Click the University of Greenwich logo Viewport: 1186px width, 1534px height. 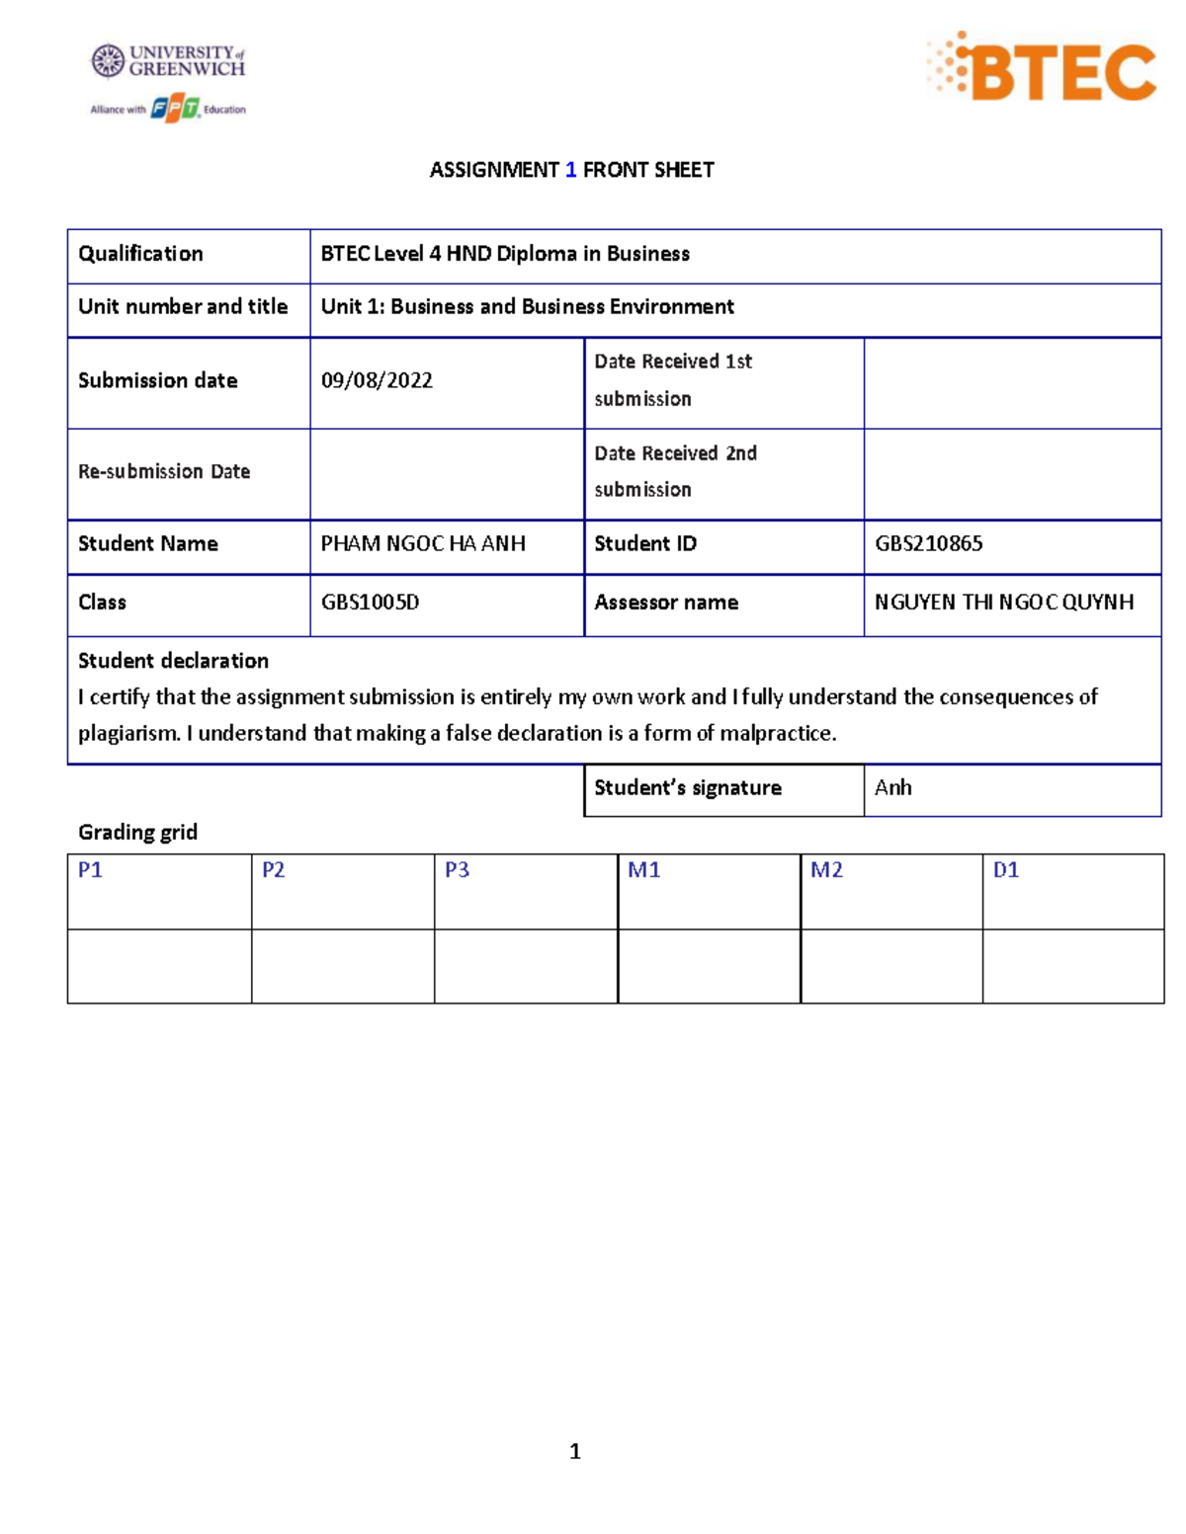[x=168, y=61]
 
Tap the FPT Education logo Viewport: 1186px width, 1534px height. [x=176, y=109]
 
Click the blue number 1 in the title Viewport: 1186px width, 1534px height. [x=570, y=170]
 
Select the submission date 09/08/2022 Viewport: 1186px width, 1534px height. [x=377, y=380]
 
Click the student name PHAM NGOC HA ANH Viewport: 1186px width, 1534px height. [x=423, y=543]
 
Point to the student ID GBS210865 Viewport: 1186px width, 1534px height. [x=928, y=543]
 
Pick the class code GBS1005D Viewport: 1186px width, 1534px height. [x=370, y=602]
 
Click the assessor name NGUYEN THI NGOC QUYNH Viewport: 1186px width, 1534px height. [x=1004, y=602]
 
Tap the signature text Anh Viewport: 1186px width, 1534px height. [x=892, y=787]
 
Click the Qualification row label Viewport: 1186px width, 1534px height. [x=140, y=254]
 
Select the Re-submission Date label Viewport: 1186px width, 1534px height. [x=164, y=471]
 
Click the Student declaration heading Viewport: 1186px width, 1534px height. [x=173, y=660]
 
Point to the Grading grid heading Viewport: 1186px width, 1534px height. [x=137, y=832]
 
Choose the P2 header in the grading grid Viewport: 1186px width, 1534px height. [x=273, y=869]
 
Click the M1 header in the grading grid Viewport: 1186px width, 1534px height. [x=643, y=869]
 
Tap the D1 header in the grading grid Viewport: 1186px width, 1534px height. [x=1005, y=869]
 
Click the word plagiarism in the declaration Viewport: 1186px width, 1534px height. [x=127, y=733]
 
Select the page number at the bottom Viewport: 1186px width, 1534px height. [x=575, y=1451]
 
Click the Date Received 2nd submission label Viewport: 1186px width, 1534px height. [x=675, y=471]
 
